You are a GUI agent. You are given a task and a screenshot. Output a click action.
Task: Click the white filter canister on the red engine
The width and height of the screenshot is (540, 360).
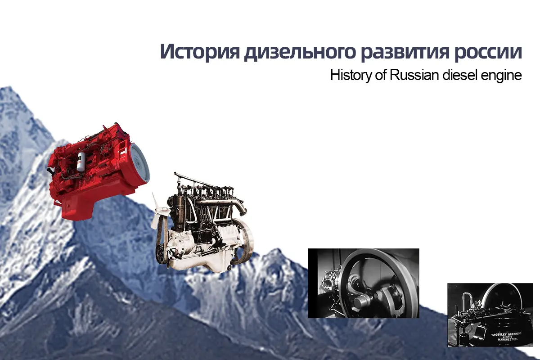pyautogui.click(x=81, y=160)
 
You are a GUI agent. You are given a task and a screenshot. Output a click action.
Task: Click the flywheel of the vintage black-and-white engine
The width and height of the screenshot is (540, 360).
pyautogui.click(x=243, y=243)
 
